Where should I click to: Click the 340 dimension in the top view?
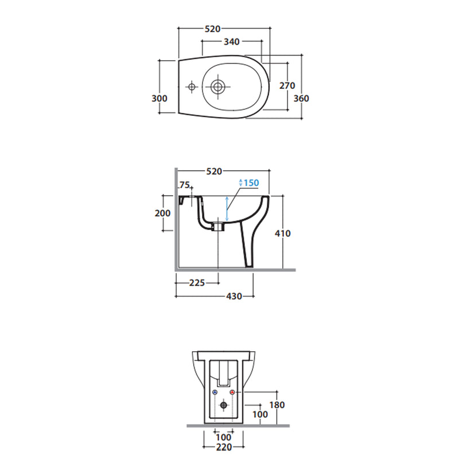coord(232,42)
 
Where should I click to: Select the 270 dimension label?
coord(287,85)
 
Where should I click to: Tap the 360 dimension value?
coord(301,98)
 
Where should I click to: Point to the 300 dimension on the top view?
coord(160,98)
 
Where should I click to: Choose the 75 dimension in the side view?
coord(184,185)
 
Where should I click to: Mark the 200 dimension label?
coord(162,213)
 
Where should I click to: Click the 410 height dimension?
coord(283,234)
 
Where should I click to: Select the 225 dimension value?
coord(197,283)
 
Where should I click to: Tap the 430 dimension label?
coord(234,296)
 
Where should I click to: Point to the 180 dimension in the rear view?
coord(277,405)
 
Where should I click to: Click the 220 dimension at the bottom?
coord(224,448)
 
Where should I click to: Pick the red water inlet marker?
coord(232,392)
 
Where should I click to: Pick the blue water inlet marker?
coord(215,392)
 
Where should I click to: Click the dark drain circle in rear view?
coord(224,405)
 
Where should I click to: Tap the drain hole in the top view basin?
coord(218,87)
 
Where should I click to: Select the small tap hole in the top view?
coord(192,87)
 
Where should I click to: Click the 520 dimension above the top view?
coord(212,29)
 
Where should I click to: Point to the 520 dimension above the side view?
coord(214,171)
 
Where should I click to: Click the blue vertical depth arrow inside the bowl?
coord(227,209)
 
